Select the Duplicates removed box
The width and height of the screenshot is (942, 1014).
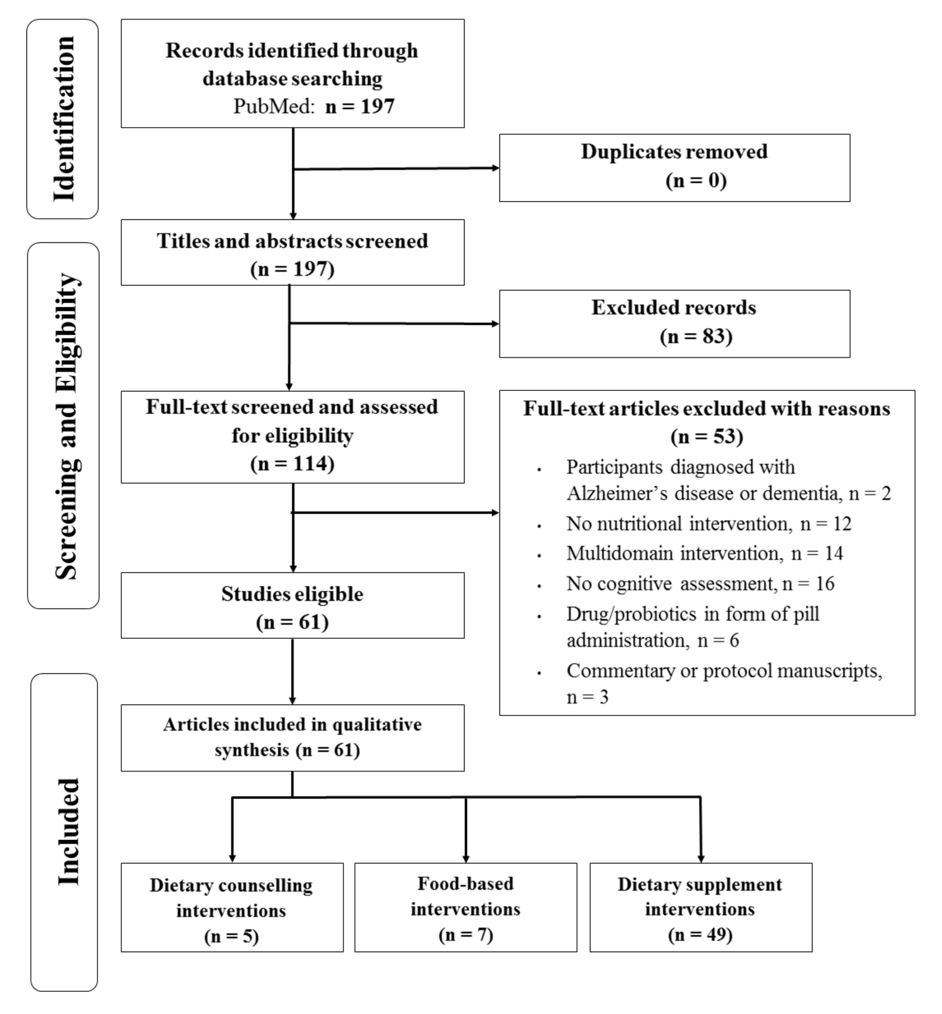click(x=674, y=167)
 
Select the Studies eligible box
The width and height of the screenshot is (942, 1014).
click(x=292, y=605)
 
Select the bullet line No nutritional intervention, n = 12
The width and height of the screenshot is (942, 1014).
click(x=708, y=524)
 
